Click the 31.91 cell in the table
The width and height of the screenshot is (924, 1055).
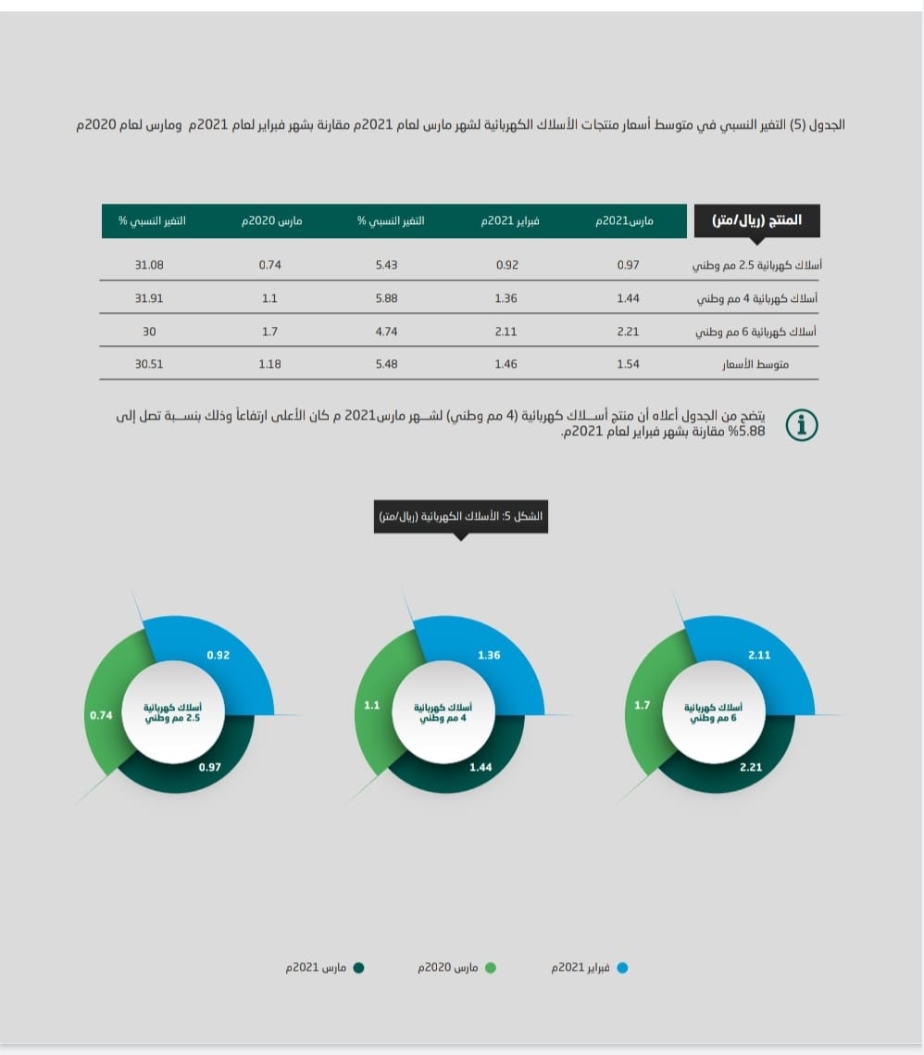pyautogui.click(x=149, y=298)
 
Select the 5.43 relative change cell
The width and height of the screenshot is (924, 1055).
pyautogui.click(x=386, y=265)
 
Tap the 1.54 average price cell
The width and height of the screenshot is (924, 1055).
pyautogui.click(x=629, y=364)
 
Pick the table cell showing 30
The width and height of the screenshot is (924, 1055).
pyautogui.click(x=149, y=331)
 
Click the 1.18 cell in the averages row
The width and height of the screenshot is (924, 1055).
pyautogui.click(x=270, y=364)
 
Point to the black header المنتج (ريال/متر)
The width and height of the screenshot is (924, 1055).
pyautogui.click(x=757, y=221)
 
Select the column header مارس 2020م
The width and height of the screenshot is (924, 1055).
pyautogui.click(x=271, y=221)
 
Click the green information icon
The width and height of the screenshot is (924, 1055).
pyautogui.click(x=802, y=425)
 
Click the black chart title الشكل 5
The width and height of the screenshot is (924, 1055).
pyautogui.click(x=461, y=515)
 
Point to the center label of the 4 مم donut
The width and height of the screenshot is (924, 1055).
pyautogui.click(x=440, y=712)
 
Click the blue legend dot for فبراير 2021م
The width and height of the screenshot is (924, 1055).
pyautogui.click(x=622, y=968)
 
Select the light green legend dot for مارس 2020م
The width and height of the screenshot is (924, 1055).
pyautogui.click(x=491, y=968)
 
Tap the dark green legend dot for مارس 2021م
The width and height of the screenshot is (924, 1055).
pyautogui.click(x=358, y=968)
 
